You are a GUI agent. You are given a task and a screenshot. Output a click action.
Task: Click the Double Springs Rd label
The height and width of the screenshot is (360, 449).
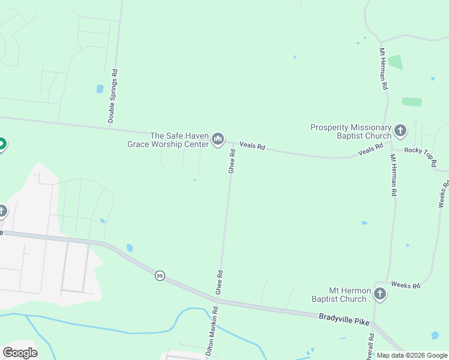[113, 97]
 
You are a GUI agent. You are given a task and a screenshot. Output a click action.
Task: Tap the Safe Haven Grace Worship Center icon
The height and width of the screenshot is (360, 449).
[218, 140]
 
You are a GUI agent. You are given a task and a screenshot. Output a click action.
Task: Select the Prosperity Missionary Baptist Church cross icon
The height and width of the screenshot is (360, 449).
[400, 130]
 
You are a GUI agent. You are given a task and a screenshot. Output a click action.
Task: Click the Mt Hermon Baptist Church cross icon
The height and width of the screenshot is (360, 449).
[379, 293]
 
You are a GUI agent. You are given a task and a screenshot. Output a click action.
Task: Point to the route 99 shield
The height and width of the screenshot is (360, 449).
[159, 275]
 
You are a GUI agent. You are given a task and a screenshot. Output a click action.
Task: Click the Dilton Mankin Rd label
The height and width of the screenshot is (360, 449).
[212, 333]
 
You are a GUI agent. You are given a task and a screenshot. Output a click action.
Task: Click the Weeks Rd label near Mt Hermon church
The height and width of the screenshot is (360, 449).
[406, 285]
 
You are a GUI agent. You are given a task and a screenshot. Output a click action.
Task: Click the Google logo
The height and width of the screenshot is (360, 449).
[20, 352]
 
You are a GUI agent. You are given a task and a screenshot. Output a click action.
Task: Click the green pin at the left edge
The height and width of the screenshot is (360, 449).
[2, 144]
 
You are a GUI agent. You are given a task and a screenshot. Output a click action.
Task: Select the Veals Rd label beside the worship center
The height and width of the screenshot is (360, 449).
[252, 145]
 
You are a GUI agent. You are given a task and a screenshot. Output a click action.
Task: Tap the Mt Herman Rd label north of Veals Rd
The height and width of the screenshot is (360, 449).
[382, 70]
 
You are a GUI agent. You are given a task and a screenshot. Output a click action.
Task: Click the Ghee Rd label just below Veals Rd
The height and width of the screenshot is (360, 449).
[232, 162]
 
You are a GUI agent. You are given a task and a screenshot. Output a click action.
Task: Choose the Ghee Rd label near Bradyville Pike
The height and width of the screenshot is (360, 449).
[219, 282]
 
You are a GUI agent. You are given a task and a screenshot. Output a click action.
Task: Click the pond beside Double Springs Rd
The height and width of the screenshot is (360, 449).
[100, 89]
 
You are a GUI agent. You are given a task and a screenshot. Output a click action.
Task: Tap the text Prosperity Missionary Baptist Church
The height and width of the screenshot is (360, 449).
[351, 131]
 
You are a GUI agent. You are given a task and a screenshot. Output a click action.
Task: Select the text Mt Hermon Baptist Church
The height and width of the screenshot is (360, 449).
[341, 295]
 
